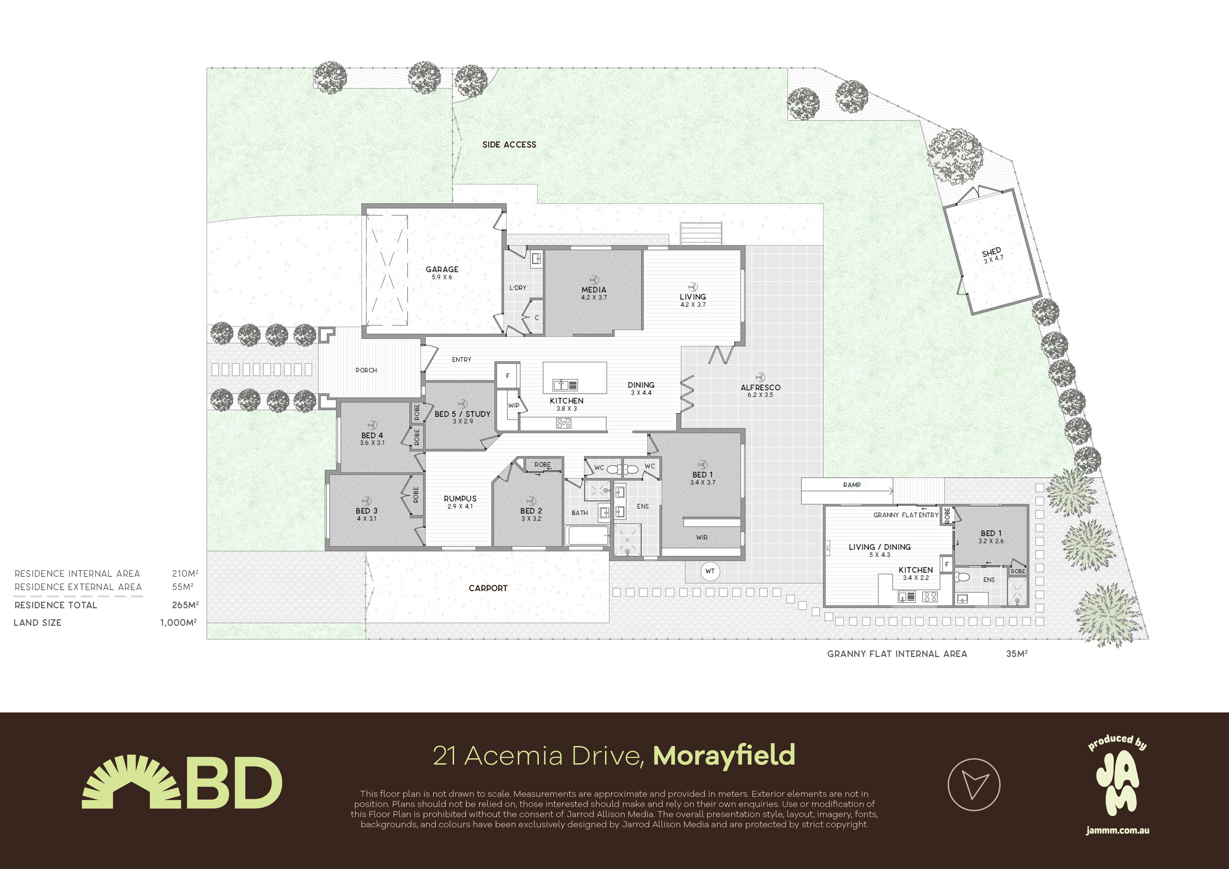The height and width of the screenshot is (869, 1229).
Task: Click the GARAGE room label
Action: click(x=441, y=269)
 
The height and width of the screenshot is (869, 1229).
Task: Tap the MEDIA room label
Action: click(x=593, y=290)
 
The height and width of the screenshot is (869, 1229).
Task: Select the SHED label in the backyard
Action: click(x=991, y=252)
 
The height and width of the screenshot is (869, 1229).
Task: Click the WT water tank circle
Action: click(x=710, y=571)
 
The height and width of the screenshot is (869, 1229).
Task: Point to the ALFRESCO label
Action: click(x=760, y=387)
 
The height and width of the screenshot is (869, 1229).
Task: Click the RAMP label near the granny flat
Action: click(x=852, y=485)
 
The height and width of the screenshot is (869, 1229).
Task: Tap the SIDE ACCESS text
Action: click(x=509, y=145)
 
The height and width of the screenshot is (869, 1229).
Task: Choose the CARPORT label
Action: click(x=488, y=588)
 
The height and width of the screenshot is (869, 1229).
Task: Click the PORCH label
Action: click(x=366, y=370)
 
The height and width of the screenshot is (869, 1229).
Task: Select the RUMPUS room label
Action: click(x=460, y=499)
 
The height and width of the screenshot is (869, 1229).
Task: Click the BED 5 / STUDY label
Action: click(x=462, y=414)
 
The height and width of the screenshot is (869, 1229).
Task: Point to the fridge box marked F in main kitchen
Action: click(x=507, y=375)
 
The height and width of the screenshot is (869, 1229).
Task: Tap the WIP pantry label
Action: click(x=514, y=405)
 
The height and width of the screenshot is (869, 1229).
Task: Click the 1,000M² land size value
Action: click(x=179, y=622)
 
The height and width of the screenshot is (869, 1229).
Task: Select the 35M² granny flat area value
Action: click(x=1016, y=654)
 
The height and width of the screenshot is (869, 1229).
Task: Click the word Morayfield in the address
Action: click(x=724, y=755)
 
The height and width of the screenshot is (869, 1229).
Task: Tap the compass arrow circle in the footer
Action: click(x=974, y=785)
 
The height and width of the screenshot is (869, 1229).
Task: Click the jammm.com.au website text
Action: click(x=1118, y=830)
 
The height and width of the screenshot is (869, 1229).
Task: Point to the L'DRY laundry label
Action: click(x=517, y=288)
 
